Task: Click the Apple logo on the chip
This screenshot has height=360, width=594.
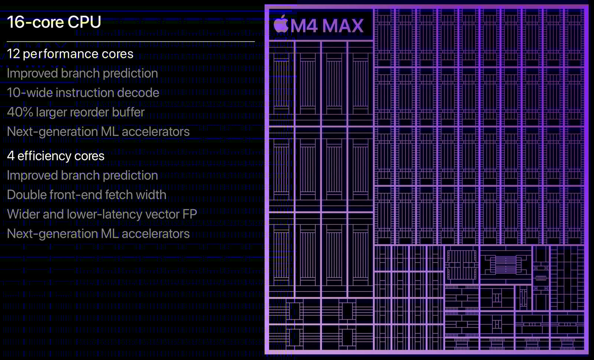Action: (281, 24)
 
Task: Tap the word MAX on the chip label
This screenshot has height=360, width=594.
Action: (343, 26)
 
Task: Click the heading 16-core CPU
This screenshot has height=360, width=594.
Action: (54, 22)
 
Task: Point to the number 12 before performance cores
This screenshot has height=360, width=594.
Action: (13, 54)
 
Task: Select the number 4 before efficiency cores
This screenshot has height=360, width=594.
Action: (10, 156)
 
